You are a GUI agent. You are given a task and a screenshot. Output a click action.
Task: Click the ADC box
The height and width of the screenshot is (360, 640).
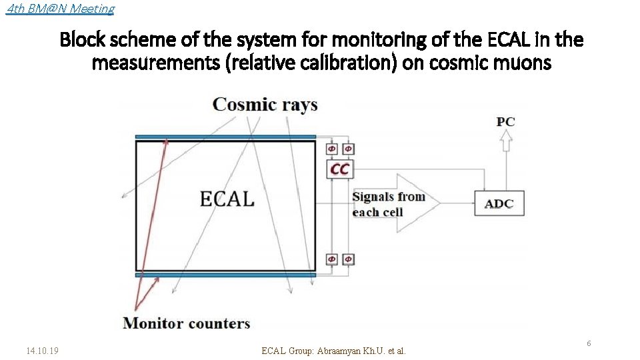(x=499, y=203)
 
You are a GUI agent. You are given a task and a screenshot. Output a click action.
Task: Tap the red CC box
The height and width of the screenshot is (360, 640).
(x=339, y=169)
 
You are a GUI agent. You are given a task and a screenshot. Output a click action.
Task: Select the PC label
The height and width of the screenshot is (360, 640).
(x=505, y=121)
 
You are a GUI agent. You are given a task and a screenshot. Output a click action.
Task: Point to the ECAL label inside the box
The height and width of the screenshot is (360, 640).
(x=227, y=198)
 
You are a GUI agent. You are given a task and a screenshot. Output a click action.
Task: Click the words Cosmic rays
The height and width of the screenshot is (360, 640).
(x=265, y=105)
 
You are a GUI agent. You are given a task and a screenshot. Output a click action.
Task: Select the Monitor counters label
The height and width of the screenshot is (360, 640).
(x=187, y=323)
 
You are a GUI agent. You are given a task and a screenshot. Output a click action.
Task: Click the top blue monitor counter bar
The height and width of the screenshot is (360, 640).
(x=225, y=137)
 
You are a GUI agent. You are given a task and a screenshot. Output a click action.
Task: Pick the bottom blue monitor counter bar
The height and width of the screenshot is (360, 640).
(x=225, y=275)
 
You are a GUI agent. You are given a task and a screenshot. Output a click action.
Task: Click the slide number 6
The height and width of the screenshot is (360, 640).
(x=589, y=343)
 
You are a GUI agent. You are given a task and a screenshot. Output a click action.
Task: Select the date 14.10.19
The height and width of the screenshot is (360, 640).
(x=42, y=350)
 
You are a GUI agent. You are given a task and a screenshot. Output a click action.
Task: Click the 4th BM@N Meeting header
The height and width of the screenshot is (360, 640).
(x=59, y=9)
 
